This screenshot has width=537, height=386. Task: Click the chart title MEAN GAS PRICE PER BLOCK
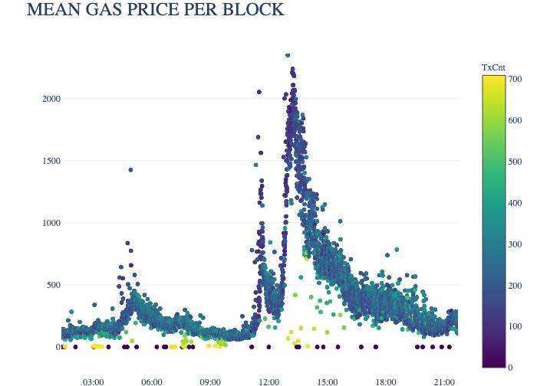(x=155, y=10)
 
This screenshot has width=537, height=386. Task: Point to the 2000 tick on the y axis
(x=51, y=99)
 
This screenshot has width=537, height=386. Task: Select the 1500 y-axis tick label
(x=51, y=161)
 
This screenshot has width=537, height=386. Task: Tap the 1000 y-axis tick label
(x=51, y=223)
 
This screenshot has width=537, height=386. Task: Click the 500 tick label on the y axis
(x=54, y=285)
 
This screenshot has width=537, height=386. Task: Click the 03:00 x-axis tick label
(x=94, y=381)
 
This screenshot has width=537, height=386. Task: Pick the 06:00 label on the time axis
(x=152, y=381)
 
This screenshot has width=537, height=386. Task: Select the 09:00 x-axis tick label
(x=210, y=381)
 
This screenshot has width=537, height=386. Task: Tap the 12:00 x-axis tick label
(x=269, y=381)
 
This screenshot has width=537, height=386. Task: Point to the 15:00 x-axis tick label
(x=328, y=381)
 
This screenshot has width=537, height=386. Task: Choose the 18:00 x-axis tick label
(x=386, y=381)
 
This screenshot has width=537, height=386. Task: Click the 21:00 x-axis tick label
(x=444, y=381)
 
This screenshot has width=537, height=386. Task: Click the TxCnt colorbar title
(x=493, y=67)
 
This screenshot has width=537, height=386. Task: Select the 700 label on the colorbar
(x=515, y=79)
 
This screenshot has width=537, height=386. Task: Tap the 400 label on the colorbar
(x=515, y=203)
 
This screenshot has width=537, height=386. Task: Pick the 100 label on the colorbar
(x=515, y=326)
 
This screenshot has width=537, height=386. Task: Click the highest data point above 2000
(x=288, y=55)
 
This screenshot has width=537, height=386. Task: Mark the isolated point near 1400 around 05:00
(x=130, y=170)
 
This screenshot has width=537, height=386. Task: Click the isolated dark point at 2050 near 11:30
(x=259, y=92)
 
